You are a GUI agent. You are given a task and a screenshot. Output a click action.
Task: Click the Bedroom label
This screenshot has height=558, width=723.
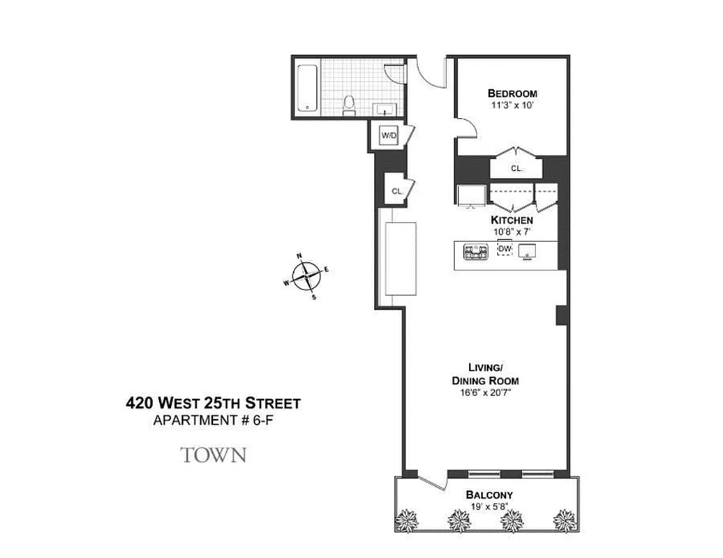click(x=512, y=93)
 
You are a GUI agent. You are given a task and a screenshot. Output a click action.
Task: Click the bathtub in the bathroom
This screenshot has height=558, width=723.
click(x=308, y=88)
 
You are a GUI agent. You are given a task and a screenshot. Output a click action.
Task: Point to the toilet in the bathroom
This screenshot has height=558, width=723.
click(x=350, y=105)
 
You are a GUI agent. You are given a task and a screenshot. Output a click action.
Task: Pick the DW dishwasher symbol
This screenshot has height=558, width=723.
click(x=504, y=248)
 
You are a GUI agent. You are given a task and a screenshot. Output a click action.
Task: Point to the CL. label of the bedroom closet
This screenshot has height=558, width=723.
click(x=516, y=168)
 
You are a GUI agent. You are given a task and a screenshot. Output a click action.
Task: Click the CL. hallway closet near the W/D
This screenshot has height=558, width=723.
click(x=396, y=190)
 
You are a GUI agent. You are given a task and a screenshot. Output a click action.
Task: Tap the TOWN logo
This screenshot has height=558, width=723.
click(x=214, y=455)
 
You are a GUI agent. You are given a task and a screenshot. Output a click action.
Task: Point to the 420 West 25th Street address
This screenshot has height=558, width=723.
click(x=213, y=403)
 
